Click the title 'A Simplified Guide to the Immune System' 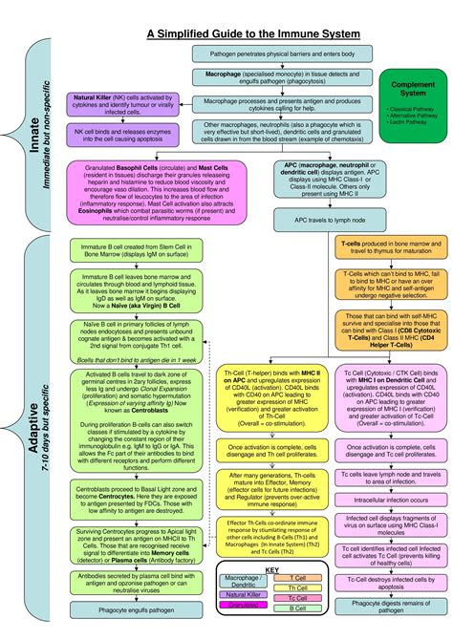[253, 34]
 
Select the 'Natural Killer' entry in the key [244, 593]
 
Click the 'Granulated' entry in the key [244, 606]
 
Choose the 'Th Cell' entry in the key [297, 587]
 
